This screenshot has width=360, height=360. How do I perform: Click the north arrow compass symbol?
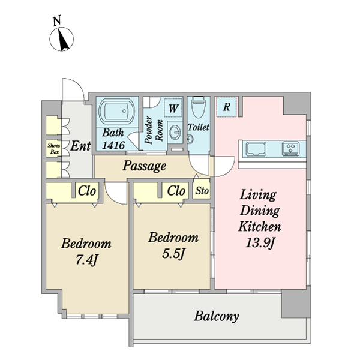pyautogui.click(x=62, y=38)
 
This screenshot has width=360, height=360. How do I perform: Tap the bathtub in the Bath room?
pyautogui.click(x=116, y=112)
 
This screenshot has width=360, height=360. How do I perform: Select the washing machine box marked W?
pyautogui.click(x=173, y=108)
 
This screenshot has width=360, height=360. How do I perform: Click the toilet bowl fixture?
pyautogui.click(x=199, y=107)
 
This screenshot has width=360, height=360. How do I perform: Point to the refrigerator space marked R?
pyautogui.click(x=227, y=107)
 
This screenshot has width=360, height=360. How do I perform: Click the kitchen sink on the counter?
pyautogui.click(x=256, y=149)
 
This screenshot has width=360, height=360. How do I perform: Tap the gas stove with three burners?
pyautogui.click(x=290, y=149)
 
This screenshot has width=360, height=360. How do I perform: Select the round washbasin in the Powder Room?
pyautogui.click(x=176, y=133)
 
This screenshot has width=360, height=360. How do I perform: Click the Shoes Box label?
pyautogui.click(x=54, y=149)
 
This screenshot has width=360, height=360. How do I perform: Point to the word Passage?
pyautogui.click(x=144, y=166)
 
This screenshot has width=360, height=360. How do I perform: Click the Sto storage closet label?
pyautogui.click(x=202, y=191)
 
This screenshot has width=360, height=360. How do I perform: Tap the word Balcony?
pyautogui.click(x=217, y=317)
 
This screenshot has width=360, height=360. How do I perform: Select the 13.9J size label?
pyautogui.click(x=260, y=242)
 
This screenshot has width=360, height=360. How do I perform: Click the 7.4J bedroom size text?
pyautogui.click(x=86, y=260)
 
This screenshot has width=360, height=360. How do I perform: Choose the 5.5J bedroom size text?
pyautogui.click(x=173, y=253)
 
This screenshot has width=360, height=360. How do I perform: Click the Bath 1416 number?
pyautogui.click(x=113, y=145)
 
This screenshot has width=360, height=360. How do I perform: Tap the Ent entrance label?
pyautogui.click(x=80, y=146)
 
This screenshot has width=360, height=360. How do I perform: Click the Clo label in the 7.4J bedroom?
pyautogui.click(x=87, y=191)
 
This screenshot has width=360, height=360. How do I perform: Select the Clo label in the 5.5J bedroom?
pyautogui.click(x=176, y=191)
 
